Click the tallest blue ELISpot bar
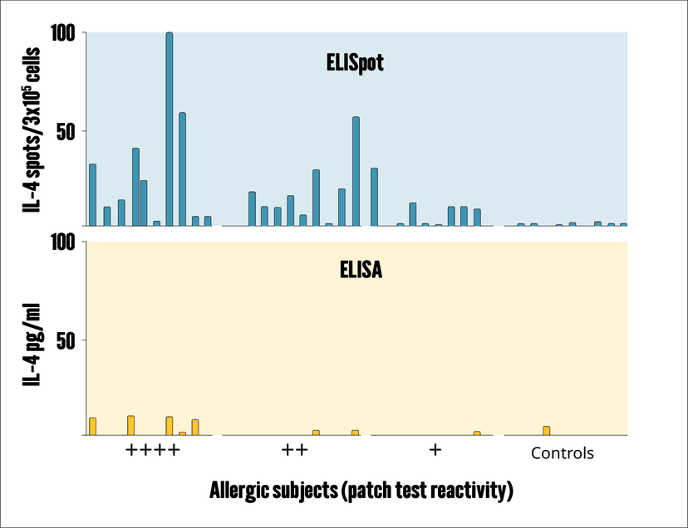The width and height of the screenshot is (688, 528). click(x=170, y=129)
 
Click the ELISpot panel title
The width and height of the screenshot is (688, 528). click(x=355, y=64)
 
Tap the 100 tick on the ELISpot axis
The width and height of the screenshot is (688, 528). click(x=64, y=33)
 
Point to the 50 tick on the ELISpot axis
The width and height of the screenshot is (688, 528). click(x=67, y=131)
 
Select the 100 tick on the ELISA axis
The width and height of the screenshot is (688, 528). click(x=64, y=242)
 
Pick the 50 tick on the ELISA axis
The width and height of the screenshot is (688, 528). click(x=67, y=340)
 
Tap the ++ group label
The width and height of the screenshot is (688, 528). click(x=295, y=451)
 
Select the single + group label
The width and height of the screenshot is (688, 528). click(x=435, y=450)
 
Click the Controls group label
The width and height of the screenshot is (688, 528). click(x=563, y=453)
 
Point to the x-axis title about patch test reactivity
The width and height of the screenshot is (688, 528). click(x=361, y=490)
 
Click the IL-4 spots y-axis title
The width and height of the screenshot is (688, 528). click(x=33, y=129)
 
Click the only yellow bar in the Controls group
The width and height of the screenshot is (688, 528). click(x=547, y=431)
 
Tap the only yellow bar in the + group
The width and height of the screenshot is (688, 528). click(x=477, y=433)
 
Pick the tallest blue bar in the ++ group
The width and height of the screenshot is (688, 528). click(x=356, y=171)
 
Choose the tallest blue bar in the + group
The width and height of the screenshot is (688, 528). click(x=375, y=197)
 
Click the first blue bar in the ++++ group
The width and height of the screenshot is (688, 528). click(x=92, y=195)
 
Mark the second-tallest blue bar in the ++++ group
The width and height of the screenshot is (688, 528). click(x=182, y=169)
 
